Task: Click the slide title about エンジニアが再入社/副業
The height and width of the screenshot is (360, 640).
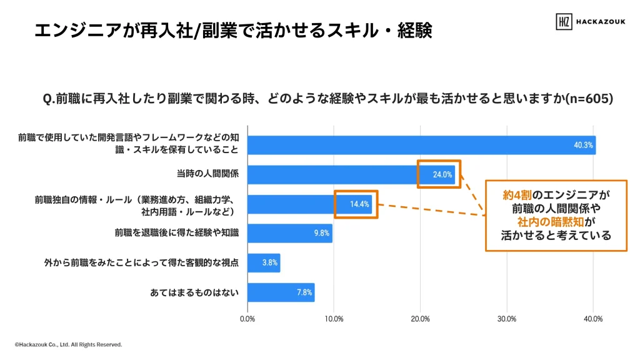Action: [x=233, y=30]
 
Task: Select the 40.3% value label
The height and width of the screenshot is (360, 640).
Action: [x=583, y=145]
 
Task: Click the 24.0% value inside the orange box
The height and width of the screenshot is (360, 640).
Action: [x=442, y=174]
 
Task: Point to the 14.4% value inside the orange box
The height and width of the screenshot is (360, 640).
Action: [x=360, y=204]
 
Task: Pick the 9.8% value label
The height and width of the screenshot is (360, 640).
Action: [x=321, y=233]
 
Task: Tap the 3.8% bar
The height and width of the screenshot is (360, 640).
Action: [x=264, y=262]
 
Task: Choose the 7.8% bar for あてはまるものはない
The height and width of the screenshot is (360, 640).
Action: [x=281, y=292]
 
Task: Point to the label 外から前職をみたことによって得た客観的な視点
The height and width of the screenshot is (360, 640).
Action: [x=141, y=262]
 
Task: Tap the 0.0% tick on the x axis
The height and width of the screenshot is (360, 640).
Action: [x=247, y=319]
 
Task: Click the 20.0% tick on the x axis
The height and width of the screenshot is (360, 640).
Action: [x=420, y=319]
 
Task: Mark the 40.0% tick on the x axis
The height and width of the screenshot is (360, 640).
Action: [x=592, y=319]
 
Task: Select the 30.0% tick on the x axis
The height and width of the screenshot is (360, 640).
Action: [x=506, y=319]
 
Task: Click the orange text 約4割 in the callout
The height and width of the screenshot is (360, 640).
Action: [x=518, y=195]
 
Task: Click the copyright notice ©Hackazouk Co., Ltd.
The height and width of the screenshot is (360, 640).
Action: [x=68, y=344]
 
